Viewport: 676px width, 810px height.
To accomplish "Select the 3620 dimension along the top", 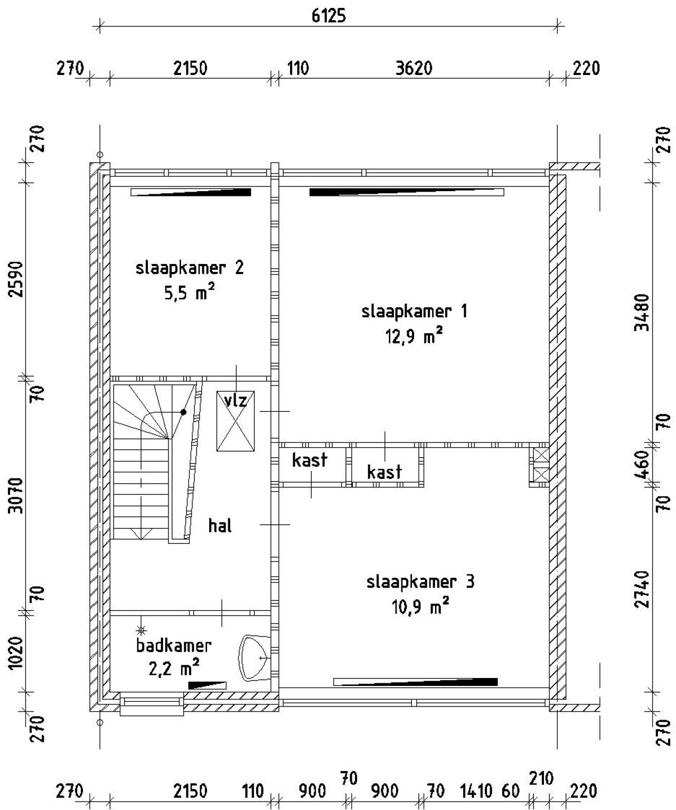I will (414, 69).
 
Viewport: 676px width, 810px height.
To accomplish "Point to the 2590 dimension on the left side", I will (18, 279).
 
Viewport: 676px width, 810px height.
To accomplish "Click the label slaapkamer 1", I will (414, 311).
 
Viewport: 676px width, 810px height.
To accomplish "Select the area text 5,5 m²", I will (189, 293).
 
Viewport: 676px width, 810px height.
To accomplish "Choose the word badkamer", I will (174, 645).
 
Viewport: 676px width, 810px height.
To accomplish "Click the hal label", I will (220, 526).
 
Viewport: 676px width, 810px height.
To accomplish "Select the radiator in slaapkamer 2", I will (191, 192).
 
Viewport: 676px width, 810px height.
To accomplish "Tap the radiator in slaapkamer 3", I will (415, 682).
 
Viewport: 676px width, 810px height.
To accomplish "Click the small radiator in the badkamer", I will (207, 685).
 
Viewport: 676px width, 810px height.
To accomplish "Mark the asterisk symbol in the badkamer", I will (141, 630).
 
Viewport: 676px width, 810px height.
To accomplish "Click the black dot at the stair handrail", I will (183, 412).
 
